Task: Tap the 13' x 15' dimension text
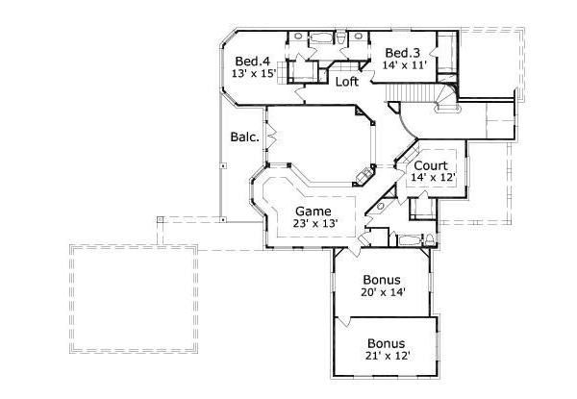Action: click(254, 73)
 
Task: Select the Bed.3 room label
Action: click(401, 52)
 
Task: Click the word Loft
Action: click(347, 82)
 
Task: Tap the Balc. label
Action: click(244, 137)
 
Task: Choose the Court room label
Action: click(431, 165)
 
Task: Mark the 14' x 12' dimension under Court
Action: click(431, 178)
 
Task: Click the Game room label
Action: click(313, 211)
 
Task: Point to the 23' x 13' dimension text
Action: click(315, 223)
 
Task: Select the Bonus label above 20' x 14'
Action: click(382, 280)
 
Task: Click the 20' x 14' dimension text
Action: click(383, 293)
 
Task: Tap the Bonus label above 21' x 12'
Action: click(386, 343)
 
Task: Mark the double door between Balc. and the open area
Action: click(269, 138)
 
